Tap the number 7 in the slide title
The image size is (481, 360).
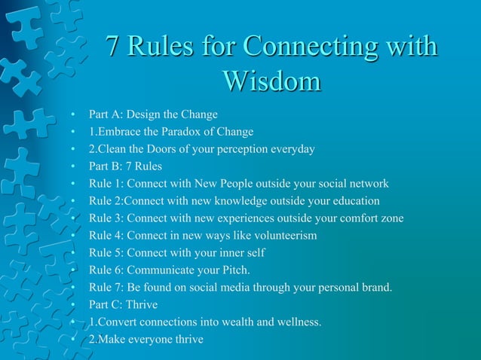(112, 47)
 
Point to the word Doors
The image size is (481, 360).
(176, 149)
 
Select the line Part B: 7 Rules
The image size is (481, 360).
(125, 166)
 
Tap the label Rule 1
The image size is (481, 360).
(106, 184)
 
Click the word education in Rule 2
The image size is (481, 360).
(354, 201)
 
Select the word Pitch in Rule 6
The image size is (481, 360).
(233, 270)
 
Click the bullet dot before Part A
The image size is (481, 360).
(73, 115)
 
